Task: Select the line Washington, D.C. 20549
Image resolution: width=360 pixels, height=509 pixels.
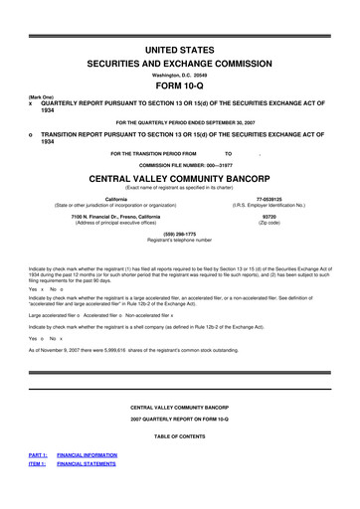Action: point(180,73)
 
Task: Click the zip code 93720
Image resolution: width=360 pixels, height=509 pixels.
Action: point(269,216)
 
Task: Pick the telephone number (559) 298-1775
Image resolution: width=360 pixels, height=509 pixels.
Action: point(180,234)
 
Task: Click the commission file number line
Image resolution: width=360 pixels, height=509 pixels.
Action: point(180,165)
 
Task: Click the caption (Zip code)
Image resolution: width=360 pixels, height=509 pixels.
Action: point(269,222)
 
